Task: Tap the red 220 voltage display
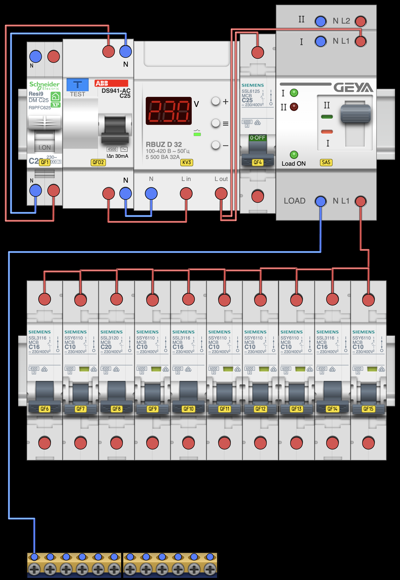click(169, 111)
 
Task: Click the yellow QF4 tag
click(257, 162)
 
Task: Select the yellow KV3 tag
click(186, 162)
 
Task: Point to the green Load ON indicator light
click(294, 154)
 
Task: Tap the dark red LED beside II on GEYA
click(294, 107)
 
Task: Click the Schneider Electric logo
click(44, 85)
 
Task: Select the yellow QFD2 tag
click(98, 162)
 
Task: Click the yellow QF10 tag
click(188, 409)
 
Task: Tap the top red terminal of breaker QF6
click(45, 299)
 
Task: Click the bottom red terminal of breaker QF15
click(368, 443)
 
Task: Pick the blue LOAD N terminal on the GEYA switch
click(321, 201)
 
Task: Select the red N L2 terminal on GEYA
click(360, 21)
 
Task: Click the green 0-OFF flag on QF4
click(257, 138)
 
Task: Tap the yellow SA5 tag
click(326, 162)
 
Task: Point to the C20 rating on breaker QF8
click(106, 347)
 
